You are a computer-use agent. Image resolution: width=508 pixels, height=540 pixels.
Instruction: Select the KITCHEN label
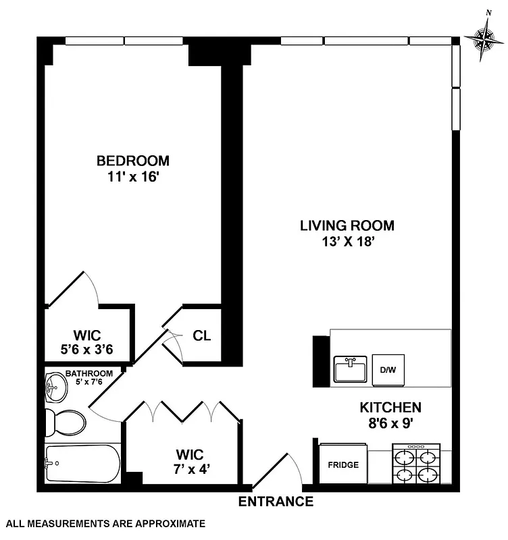[x=390, y=407]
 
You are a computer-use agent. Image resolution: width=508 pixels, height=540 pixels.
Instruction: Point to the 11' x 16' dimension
[x=132, y=178]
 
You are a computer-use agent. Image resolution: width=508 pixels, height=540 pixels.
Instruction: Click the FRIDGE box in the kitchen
[x=343, y=464]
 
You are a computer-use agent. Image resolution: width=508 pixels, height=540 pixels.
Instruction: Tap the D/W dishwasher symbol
[x=388, y=369]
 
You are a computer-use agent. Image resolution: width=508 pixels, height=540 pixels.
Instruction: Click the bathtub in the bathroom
[x=82, y=463]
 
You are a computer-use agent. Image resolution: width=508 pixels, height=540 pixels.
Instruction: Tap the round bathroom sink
[x=54, y=388]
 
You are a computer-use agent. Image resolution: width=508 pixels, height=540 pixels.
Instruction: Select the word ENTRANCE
[x=276, y=502]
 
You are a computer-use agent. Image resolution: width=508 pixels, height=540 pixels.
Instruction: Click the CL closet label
[x=202, y=335]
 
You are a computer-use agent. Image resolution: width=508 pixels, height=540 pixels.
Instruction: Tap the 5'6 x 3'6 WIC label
[x=88, y=342]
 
